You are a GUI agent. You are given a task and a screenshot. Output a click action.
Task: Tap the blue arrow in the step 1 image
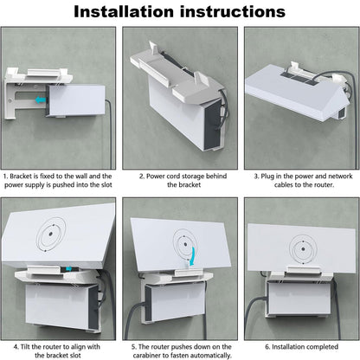(39, 100)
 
